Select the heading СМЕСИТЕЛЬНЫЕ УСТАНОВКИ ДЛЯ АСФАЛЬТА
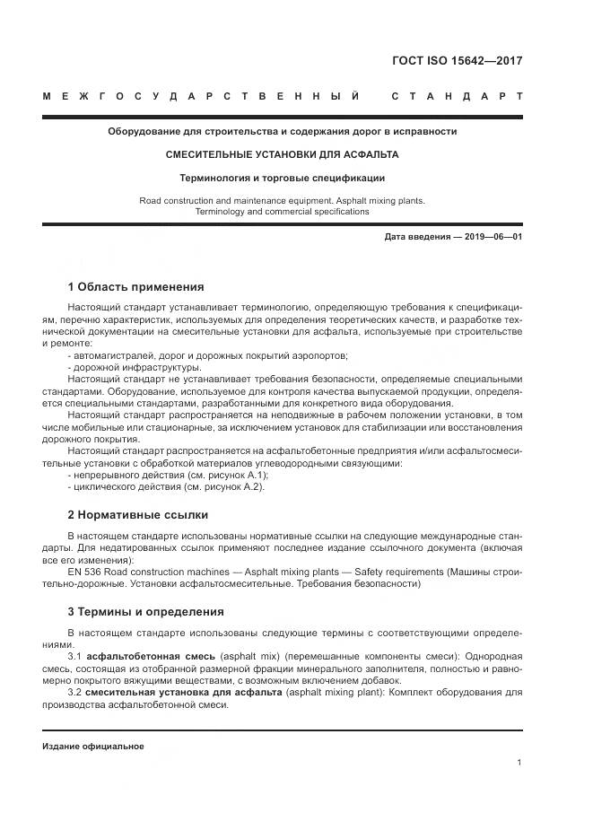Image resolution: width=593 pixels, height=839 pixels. coord(282,154)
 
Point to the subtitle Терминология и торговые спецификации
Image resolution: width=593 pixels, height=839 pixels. coord(282,178)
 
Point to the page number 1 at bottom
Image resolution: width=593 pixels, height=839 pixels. coord(519,762)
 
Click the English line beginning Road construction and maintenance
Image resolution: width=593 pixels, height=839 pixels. coord(282,200)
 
